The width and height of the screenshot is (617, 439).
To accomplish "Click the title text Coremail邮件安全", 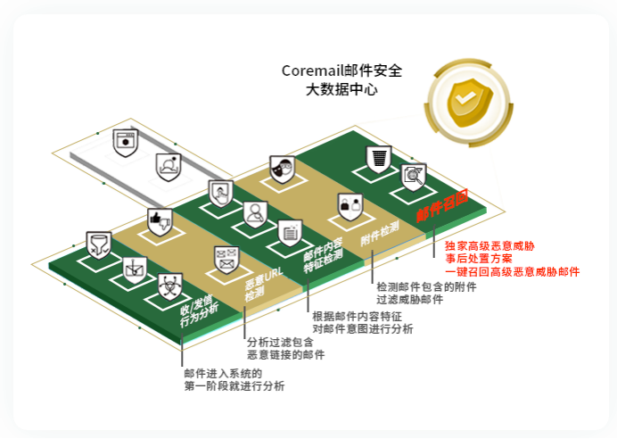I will click(x=341, y=70).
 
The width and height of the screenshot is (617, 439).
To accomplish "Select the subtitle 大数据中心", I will click(x=341, y=89).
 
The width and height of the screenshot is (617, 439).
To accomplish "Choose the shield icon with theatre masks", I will click(x=282, y=169).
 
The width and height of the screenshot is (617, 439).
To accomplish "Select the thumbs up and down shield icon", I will click(x=160, y=221).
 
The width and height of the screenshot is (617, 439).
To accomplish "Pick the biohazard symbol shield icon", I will click(x=169, y=286).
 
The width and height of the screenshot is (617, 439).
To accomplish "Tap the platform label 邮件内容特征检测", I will click(x=322, y=253).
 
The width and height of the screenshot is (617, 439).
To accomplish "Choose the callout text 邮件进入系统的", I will click(x=223, y=373).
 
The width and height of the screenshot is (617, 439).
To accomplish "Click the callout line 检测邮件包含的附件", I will click(x=426, y=287).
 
